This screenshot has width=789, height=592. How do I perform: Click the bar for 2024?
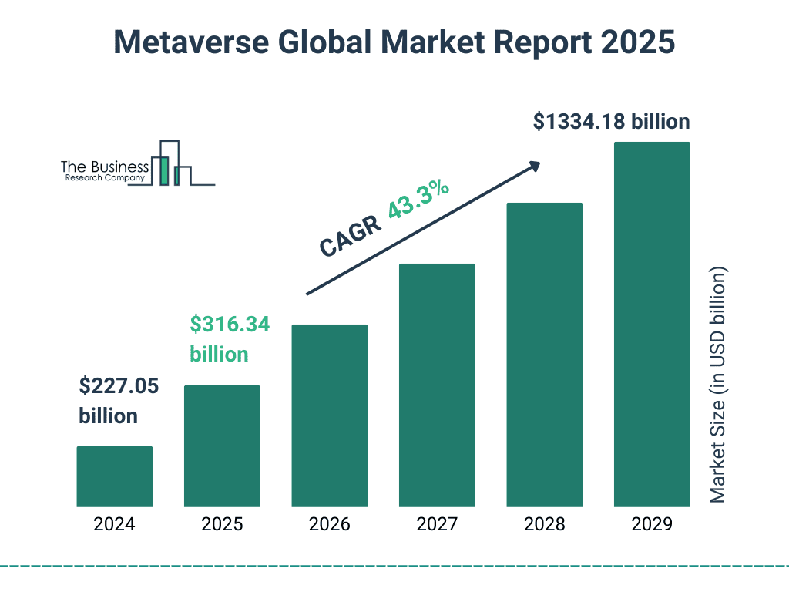click(114, 476)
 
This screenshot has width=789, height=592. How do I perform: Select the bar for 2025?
click(222, 446)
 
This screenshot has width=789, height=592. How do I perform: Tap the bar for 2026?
click(329, 415)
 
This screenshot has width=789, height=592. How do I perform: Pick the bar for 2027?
click(437, 385)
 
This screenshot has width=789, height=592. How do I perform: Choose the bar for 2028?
click(544, 355)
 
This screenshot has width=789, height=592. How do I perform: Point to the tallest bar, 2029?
click(652, 325)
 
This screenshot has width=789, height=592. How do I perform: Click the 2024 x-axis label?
click(114, 525)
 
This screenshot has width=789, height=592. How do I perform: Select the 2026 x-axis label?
click(329, 525)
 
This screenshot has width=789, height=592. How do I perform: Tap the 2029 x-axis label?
click(652, 525)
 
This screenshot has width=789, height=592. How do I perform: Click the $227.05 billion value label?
click(119, 401)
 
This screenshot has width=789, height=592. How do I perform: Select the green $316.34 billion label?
click(230, 339)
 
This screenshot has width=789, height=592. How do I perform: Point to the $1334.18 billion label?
click(611, 121)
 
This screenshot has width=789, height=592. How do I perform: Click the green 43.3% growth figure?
click(419, 200)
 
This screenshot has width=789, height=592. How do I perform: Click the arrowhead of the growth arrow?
click(533, 166)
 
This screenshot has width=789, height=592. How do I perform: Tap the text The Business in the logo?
click(105, 166)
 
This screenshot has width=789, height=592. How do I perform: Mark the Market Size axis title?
click(718, 385)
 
